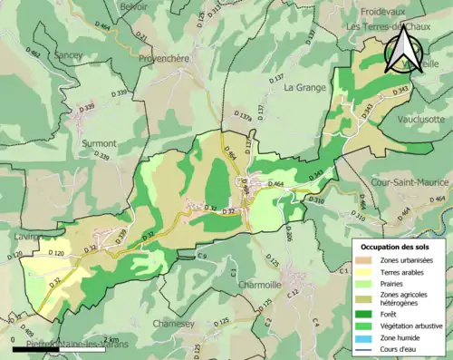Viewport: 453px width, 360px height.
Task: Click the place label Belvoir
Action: [132, 6]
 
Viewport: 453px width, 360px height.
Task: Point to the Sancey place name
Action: [68, 55]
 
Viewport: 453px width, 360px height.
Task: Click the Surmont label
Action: [98, 143]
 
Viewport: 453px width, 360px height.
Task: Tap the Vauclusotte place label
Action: [421, 119]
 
